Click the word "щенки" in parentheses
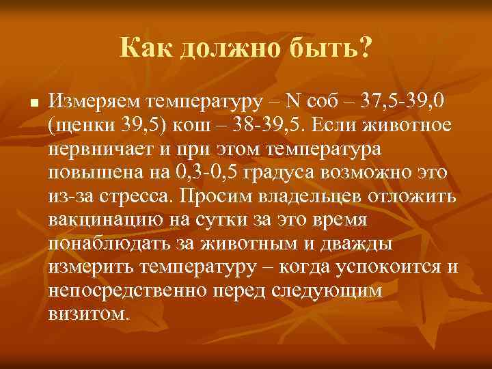81,127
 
